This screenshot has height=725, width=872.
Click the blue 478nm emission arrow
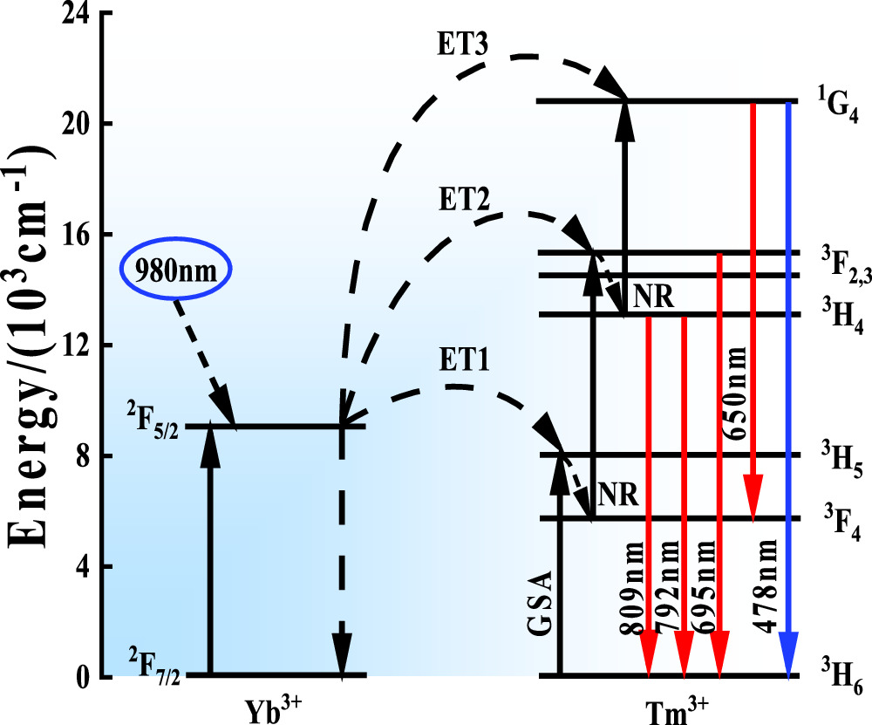(x=788, y=393)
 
